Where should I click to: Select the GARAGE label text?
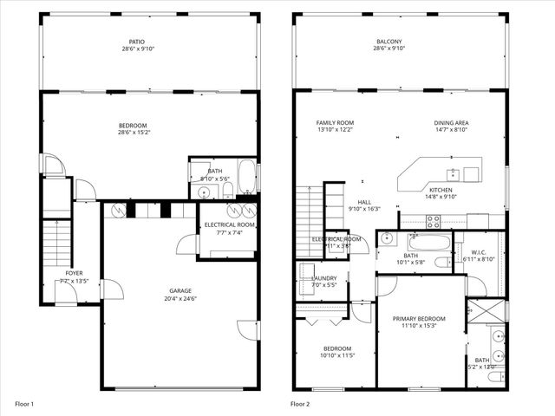coord(180,290)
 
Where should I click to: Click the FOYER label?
coord(74,273)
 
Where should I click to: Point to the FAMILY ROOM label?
coord(335,123)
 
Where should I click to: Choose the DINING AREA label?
coord(451,123)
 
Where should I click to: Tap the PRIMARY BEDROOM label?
coord(418,319)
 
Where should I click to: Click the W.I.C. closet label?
coord(477,252)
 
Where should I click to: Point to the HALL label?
coord(364,201)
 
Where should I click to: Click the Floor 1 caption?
coord(24,404)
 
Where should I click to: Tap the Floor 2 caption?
coord(299,404)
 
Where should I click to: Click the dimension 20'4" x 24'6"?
coord(180,298)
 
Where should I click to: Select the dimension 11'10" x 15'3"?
coord(418,327)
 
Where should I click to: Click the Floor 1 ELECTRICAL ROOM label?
coord(227,224)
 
